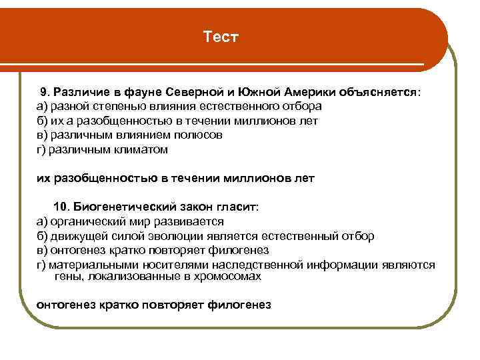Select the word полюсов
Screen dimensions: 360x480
pyautogui.click(x=198, y=135)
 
